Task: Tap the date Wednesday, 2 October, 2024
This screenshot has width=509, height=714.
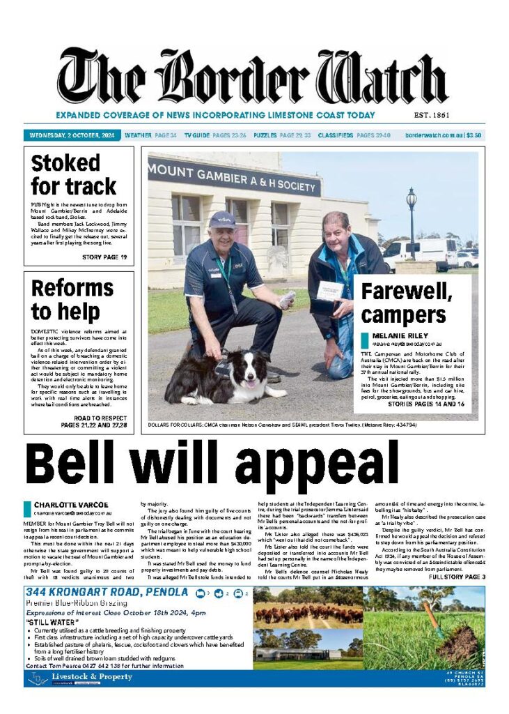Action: (72, 135)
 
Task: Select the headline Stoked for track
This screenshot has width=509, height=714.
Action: (73, 175)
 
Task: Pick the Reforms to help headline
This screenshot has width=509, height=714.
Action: (72, 300)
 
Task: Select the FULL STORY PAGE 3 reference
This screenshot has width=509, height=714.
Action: (457, 577)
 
